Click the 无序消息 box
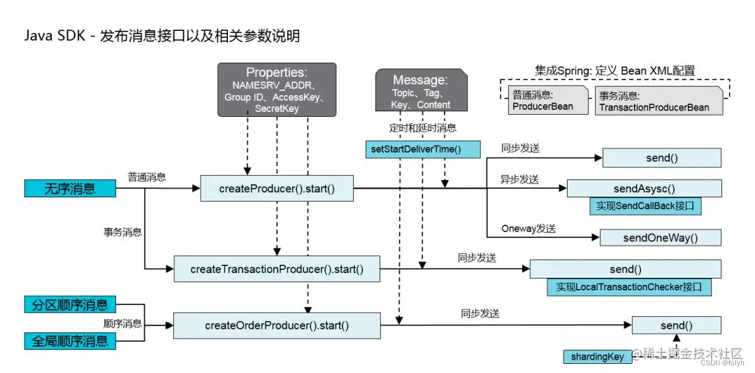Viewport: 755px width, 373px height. (x=70, y=188)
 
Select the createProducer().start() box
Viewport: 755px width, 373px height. (x=276, y=188)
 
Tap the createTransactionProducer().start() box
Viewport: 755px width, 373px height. (x=277, y=269)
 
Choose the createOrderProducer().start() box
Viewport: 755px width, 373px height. (x=277, y=325)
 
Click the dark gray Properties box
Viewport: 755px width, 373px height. (x=277, y=89)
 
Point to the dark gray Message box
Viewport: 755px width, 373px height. (x=420, y=90)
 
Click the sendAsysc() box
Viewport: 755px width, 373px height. (x=643, y=189)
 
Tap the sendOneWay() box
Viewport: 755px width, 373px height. (x=660, y=238)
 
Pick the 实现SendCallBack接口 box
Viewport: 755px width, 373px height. (x=645, y=206)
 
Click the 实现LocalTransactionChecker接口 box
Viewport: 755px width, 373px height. (x=628, y=287)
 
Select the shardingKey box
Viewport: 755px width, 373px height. (x=596, y=357)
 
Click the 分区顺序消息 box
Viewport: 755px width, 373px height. (x=70, y=305)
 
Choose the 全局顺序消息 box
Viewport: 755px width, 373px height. (x=70, y=341)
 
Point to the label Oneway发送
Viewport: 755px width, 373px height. (x=528, y=229)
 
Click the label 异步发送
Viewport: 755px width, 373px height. (x=520, y=180)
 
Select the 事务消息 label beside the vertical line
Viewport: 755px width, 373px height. (x=122, y=232)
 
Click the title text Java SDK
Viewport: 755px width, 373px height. (x=52, y=36)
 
